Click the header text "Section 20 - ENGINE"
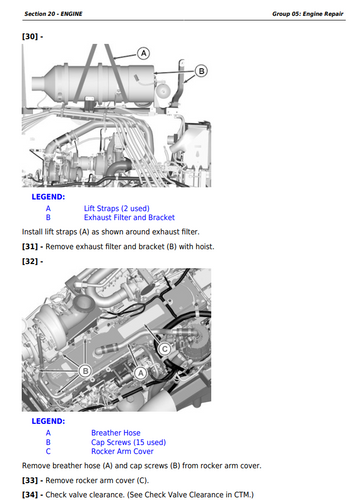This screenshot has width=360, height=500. [53, 14]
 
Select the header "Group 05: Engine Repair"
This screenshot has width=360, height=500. [308, 14]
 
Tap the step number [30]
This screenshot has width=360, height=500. [30, 36]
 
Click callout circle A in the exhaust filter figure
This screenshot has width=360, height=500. [144, 53]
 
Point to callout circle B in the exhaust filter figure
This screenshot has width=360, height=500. [201, 71]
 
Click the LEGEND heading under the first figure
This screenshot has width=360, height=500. [48, 197]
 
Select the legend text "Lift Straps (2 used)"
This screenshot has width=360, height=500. [117, 208]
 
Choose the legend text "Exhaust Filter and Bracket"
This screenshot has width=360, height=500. [129, 217]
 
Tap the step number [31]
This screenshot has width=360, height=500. [30, 247]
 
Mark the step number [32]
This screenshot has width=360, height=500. [30, 261]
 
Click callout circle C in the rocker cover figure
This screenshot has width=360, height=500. [165, 349]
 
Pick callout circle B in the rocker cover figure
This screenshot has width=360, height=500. [85, 371]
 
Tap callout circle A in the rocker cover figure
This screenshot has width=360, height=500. [141, 373]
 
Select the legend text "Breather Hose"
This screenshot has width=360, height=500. [116, 433]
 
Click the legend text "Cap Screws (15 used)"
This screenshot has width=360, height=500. [129, 442]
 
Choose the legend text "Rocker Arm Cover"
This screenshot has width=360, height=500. [122, 451]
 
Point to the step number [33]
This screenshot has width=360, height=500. [30, 480]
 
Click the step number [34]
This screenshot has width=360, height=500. [30, 495]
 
